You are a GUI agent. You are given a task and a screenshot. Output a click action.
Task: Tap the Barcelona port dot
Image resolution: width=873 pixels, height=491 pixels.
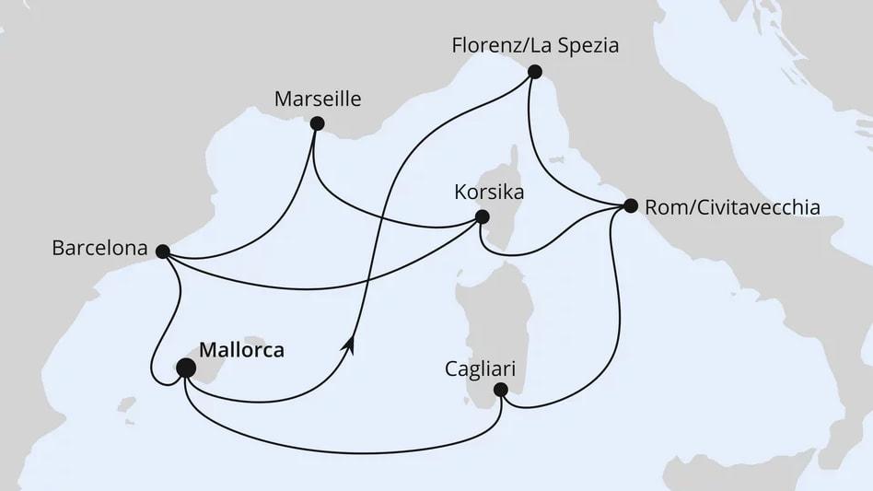(162, 251)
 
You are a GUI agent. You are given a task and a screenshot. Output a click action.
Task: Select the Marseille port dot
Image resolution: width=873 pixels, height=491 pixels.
(318, 123)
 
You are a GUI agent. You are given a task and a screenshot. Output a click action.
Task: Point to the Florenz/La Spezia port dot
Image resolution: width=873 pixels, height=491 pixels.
(534, 71)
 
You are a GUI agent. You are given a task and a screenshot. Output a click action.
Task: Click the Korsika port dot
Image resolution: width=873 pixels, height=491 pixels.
(481, 218)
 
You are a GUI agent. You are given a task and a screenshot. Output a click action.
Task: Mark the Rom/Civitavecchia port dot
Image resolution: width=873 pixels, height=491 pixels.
(630, 205)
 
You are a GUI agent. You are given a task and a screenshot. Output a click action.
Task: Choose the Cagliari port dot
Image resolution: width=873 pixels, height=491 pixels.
(501, 390)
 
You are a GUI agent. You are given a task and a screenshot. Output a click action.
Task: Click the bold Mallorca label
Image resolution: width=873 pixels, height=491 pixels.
(241, 350)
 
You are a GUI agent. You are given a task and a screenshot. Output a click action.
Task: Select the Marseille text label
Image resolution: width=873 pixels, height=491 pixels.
(318, 99)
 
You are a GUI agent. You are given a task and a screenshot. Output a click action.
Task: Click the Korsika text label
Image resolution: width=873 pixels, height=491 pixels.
(489, 193)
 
